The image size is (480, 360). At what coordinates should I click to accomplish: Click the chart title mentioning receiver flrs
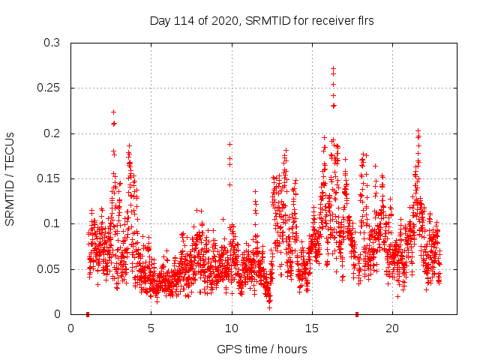[261, 21]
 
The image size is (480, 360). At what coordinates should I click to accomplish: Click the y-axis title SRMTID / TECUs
[10, 178]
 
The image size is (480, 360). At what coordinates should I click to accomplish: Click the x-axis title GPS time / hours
[261, 349]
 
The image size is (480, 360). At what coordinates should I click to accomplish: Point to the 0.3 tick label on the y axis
[51, 43]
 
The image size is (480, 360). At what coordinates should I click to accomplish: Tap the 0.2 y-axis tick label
[51, 133]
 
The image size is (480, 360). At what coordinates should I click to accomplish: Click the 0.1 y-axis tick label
[51, 224]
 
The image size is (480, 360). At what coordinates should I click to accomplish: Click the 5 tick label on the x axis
[151, 328]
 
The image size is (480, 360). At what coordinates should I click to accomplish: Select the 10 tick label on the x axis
[232, 328]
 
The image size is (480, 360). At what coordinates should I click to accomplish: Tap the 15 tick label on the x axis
[312, 328]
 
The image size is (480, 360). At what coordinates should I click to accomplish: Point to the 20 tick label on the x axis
[392, 328]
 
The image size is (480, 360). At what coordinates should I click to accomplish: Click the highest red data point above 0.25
[333, 68]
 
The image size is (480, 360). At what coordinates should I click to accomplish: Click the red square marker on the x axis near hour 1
[88, 314]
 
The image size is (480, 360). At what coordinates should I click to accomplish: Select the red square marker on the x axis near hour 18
[357, 314]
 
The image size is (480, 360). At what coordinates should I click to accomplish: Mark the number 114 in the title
[184, 21]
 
